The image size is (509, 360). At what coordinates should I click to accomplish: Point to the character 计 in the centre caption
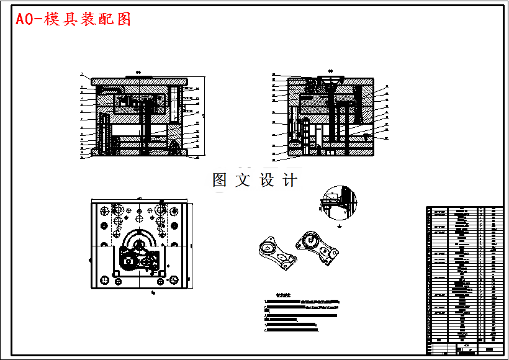pyautogui.click(x=290, y=181)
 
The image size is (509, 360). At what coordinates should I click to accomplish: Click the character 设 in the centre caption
pyautogui.click(x=267, y=181)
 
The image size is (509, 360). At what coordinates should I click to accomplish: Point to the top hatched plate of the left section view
pyautogui.click(x=139, y=81)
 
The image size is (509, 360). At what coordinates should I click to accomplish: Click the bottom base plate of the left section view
pyautogui.click(x=139, y=152)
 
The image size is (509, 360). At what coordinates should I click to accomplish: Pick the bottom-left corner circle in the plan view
pyautogui.click(x=104, y=281)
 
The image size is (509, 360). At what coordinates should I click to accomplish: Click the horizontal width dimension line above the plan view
pyautogui.click(x=139, y=199)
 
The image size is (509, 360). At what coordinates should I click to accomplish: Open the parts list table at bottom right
pyautogui.click(x=464, y=279)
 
